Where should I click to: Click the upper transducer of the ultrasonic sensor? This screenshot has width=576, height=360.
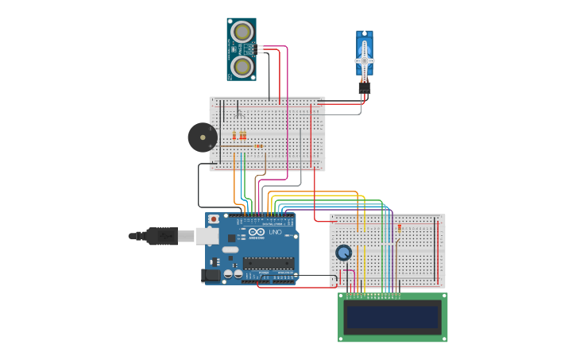[242, 33]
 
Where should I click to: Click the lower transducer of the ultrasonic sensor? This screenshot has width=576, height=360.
[242, 65]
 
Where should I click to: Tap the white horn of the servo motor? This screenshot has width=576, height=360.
[365, 60]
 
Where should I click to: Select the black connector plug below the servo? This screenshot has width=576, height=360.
[364, 88]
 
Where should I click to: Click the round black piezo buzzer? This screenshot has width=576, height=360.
[202, 137]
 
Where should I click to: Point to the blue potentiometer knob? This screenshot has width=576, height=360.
[343, 253]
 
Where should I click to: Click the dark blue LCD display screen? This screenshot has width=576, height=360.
[392, 318]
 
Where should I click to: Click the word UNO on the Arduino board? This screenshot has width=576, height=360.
[276, 232]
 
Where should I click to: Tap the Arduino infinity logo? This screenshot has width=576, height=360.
[258, 232]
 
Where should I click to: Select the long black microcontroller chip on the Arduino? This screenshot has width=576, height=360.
[268, 263]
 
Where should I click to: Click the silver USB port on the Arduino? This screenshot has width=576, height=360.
[207, 236]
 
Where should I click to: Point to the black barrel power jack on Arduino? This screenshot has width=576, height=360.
[211, 275]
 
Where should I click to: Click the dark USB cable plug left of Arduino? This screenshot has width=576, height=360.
[161, 236]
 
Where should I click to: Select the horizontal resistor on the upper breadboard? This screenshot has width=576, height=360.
[257, 146]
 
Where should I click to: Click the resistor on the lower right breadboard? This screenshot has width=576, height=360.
[399, 227]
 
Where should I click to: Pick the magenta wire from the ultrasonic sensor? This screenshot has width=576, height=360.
[285, 95]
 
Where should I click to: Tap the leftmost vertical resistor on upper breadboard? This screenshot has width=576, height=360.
[234, 135]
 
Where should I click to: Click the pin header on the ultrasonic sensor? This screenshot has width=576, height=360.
[259, 49]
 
